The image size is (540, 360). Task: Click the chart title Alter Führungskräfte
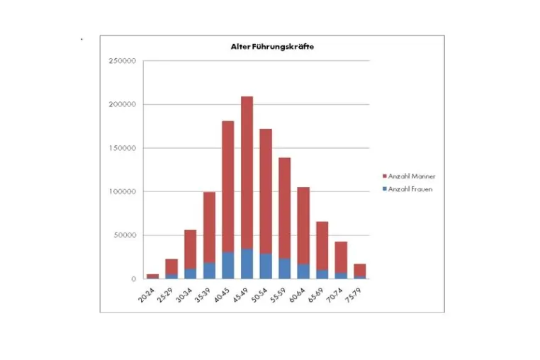click(x=272, y=47)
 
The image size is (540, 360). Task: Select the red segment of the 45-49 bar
click(x=247, y=173)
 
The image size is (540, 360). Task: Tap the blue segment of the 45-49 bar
click(x=247, y=264)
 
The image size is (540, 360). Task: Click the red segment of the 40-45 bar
click(x=228, y=186)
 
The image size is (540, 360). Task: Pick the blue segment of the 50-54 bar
click(x=266, y=266)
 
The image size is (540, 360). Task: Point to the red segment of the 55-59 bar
click(x=284, y=208)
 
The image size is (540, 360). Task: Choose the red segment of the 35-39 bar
click(x=209, y=227)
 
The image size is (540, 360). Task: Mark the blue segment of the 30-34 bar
click(x=191, y=274)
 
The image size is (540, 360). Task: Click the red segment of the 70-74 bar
click(x=341, y=257)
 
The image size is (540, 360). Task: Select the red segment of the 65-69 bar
click(x=322, y=246)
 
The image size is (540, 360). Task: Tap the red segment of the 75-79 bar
click(x=360, y=270)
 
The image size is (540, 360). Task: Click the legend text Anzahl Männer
click(x=412, y=176)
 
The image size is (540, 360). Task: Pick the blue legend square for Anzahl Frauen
click(x=385, y=189)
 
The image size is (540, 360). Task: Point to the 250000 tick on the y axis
click(x=123, y=61)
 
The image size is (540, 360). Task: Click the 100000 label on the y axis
click(x=123, y=192)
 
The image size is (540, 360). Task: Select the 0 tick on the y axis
click(x=134, y=279)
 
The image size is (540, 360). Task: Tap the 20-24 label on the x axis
click(x=147, y=296)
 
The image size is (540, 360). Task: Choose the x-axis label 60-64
click(x=297, y=296)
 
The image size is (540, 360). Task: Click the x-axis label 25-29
click(x=165, y=296)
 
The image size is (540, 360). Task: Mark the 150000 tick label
click(x=123, y=148)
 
